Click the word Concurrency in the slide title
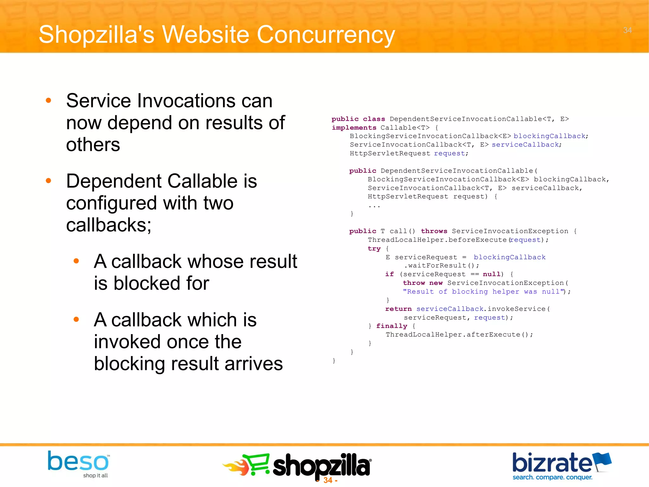pos(326,35)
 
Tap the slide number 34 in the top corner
pos(627,30)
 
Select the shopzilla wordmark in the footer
pos(321,465)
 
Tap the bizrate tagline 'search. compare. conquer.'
pos(552,477)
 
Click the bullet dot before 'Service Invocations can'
pos(48,101)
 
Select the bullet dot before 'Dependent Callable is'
pos(48,181)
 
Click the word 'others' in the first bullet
pos(93,145)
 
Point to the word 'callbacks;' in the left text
pos(109,225)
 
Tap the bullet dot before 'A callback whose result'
pos(76,261)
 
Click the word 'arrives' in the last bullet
pos(254,364)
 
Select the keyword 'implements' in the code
pos(354,128)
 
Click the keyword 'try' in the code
pos(374,249)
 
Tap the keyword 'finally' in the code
pos(391,326)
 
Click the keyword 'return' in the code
pos(398,309)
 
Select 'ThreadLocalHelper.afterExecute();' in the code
pos(459,335)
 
